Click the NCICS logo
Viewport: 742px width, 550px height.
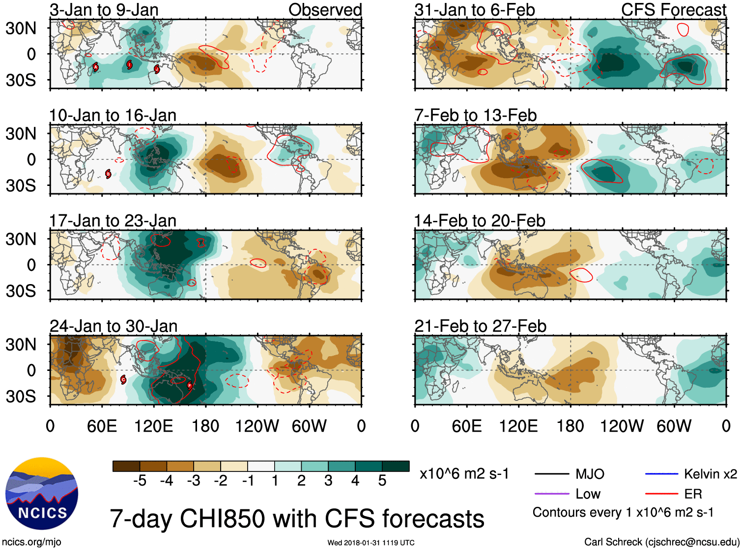pyautogui.click(x=42, y=493)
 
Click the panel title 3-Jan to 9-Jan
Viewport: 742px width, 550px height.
pyautogui.click(x=104, y=10)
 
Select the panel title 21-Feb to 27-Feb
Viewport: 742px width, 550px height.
pyautogui.click(x=480, y=326)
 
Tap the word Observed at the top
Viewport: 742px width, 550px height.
pyautogui.click(x=325, y=10)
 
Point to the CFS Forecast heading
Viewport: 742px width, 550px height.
pyautogui.click(x=673, y=10)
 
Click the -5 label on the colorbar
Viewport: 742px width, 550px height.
pyautogui.click(x=140, y=481)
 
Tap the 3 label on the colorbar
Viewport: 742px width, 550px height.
pyautogui.click(x=328, y=481)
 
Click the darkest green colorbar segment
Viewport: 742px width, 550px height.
pyautogui.click(x=396, y=466)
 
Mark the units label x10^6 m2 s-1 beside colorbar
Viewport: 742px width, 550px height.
pyautogui.click(x=464, y=474)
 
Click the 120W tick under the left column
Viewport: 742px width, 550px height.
pyautogui.click(x=257, y=426)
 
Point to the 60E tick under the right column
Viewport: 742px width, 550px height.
pyautogui.click(x=466, y=426)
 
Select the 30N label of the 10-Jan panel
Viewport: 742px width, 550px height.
pyautogui.click(x=21, y=133)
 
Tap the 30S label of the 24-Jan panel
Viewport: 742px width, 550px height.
pyautogui.click(x=21, y=396)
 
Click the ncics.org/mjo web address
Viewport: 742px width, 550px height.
pyautogui.click(x=31, y=542)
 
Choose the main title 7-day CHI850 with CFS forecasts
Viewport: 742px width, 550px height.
pyautogui.click(x=297, y=519)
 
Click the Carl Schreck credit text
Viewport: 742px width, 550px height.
pyautogui.click(x=661, y=542)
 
